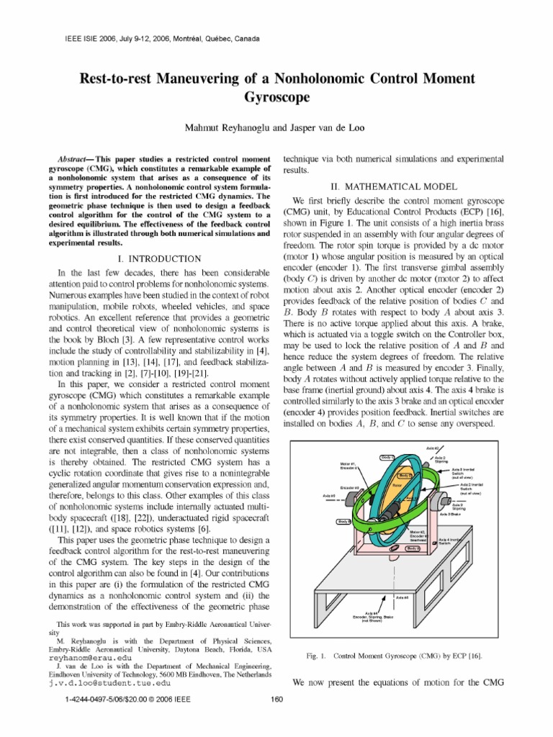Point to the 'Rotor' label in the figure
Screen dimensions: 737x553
click(397, 486)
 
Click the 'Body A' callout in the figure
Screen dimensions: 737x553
click(411, 548)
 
